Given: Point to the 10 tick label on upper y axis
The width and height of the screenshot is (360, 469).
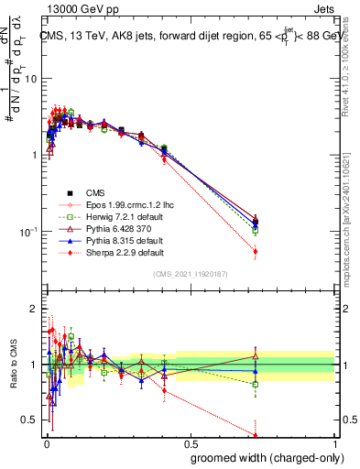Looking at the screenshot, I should [x=30, y=79].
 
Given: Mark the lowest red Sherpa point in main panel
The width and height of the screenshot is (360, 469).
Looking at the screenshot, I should [x=255, y=251].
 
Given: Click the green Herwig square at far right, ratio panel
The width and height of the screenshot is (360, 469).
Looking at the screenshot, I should [x=255, y=384].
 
